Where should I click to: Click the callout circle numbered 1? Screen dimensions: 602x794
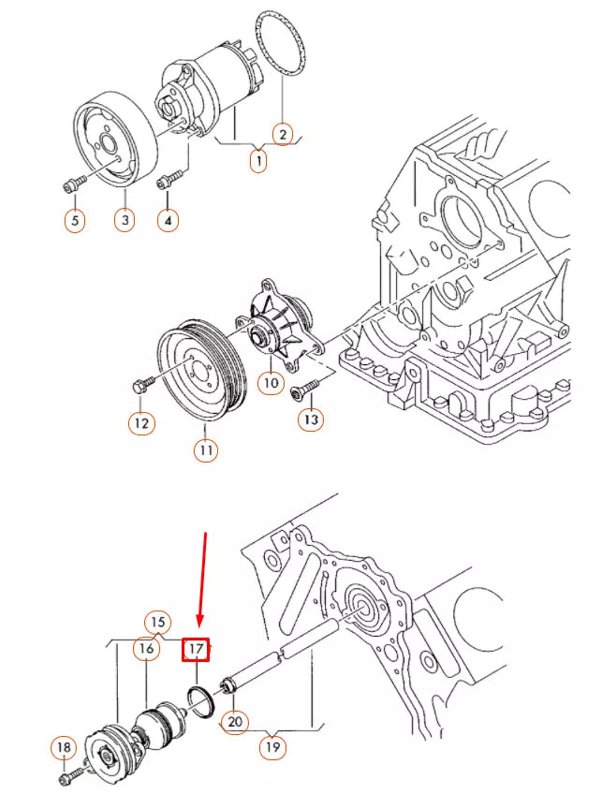(x=258, y=161)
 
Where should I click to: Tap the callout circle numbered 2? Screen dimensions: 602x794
(x=283, y=134)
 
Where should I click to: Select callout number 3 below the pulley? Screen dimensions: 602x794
(x=125, y=220)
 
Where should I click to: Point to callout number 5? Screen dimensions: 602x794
(x=75, y=221)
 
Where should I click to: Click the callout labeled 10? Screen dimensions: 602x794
(x=272, y=382)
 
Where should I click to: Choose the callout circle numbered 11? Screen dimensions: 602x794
(x=206, y=449)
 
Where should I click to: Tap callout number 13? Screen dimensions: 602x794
(x=311, y=419)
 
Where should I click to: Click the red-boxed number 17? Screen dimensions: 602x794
(x=196, y=649)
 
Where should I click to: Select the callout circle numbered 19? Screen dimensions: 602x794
(x=272, y=746)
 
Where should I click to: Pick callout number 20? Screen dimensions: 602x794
(x=235, y=721)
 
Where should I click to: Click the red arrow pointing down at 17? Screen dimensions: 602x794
(x=202, y=579)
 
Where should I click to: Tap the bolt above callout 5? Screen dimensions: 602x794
(x=75, y=184)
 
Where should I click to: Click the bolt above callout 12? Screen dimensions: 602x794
(x=141, y=384)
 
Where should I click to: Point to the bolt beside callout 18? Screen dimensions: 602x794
(x=73, y=774)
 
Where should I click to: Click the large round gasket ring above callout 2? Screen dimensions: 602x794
(x=281, y=45)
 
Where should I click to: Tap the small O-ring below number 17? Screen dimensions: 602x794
(x=202, y=701)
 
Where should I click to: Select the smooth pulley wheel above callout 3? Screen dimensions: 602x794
(x=114, y=140)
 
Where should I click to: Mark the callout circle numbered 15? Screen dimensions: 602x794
(x=158, y=623)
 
